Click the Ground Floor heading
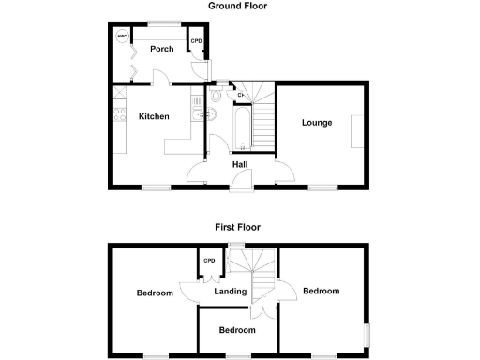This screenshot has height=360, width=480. coord(237,6)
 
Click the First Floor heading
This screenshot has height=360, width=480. coord(237,227)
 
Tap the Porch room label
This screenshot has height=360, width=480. coord(160,49)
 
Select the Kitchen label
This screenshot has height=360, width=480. coord(154,117)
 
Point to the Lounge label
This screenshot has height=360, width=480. coord(316,123)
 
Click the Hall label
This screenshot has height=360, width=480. coord(240,165)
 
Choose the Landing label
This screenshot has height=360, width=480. coord(230,292)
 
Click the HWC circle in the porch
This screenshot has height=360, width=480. coord(122,37)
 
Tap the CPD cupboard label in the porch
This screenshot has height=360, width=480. coord(197,41)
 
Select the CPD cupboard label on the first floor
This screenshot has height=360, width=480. coord(209,261)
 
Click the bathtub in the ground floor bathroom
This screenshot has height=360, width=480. coord(240,129)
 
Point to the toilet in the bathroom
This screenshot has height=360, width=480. coord(217,94)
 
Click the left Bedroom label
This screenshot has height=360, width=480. coord(155,293)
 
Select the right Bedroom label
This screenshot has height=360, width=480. coord(321,292)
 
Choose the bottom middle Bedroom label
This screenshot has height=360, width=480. coord(237,330)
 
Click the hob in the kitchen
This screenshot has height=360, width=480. coord(118,116)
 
